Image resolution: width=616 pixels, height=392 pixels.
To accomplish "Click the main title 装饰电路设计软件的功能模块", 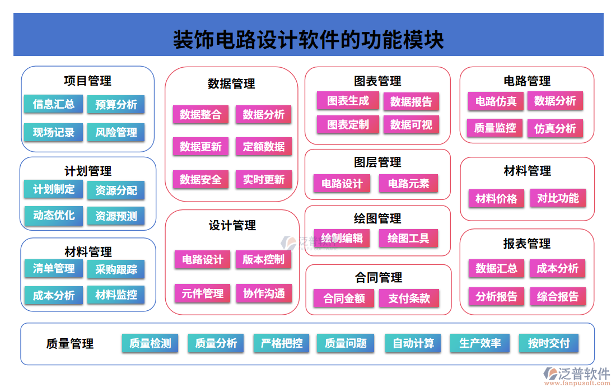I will pyautogui.click(x=308, y=40).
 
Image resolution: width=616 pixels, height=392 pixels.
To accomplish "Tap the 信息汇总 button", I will pyautogui.click(x=53, y=104).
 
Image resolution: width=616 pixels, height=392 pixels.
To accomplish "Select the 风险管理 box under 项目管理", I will pyautogui.click(x=116, y=133).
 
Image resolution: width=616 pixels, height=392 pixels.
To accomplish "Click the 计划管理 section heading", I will pyautogui.click(x=88, y=171).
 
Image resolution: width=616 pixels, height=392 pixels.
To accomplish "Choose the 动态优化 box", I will pyautogui.click(x=53, y=215).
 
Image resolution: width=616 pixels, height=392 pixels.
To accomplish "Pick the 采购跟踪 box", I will pyautogui.click(x=116, y=269).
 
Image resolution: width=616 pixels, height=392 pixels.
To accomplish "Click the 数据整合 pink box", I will pyautogui.click(x=200, y=115).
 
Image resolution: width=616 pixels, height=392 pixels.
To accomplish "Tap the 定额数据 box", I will pyautogui.click(x=263, y=147).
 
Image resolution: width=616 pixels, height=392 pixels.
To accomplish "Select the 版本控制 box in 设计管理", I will pyautogui.click(x=263, y=259).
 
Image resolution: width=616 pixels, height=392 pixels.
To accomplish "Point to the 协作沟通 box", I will pyautogui.click(x=263, y=293).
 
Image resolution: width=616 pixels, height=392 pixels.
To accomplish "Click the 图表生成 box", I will pyautogui.click(x=348, y=101).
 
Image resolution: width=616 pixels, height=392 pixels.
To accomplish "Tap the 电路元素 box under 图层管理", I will pyautogui.click(x=408, y=183).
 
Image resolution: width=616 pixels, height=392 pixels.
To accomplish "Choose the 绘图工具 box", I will pyautogui.click(x=408, y=239).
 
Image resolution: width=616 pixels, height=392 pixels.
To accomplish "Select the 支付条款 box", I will pyautogui.click(x=409, y=298).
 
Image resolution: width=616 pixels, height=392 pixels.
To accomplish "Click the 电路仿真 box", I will pyautogui.click(x=496, y=101).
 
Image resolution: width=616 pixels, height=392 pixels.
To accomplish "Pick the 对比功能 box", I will pyautogui.click(x=558, y=198).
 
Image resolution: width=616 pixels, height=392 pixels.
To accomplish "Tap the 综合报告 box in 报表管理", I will pyautogui.click(x=558, y=296).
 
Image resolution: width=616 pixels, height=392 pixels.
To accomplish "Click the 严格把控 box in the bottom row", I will pyautogui.click(x=282, y=343).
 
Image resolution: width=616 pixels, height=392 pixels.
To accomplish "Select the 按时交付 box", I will pyautogui.click(x=548, y=343).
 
